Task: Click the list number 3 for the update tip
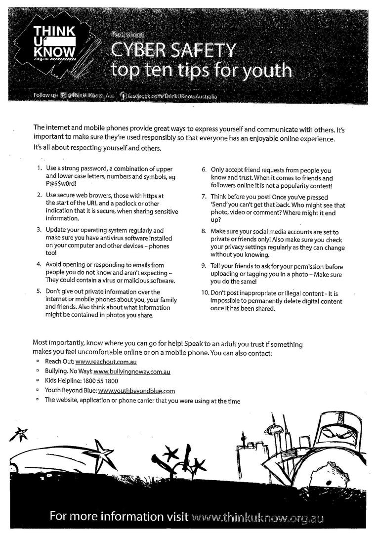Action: coord(39,230)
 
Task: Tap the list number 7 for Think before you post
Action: coord(204,196)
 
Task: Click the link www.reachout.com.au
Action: coord(102,362)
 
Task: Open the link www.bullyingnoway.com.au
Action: coord(132,371)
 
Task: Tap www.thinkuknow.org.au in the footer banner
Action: coord(257,517)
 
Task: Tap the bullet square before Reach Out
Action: coord(38,362)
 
